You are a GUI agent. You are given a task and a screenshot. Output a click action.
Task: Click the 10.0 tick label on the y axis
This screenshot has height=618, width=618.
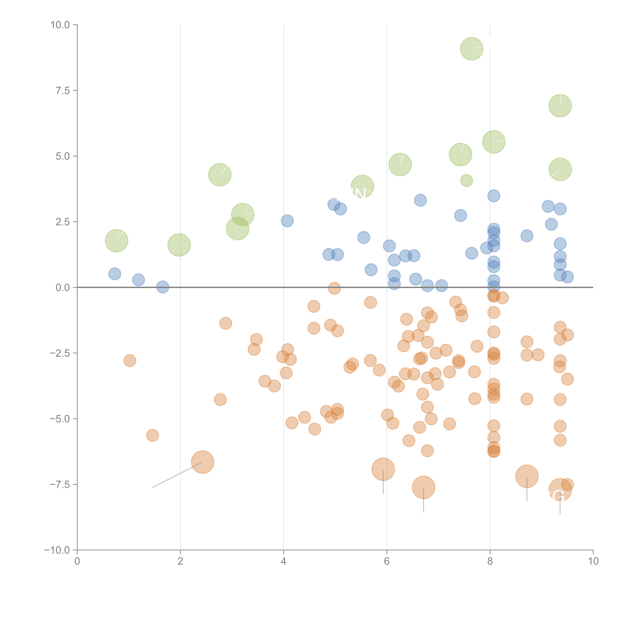click(60, 25)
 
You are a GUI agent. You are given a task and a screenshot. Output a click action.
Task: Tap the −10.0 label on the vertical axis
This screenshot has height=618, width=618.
click(57, 550)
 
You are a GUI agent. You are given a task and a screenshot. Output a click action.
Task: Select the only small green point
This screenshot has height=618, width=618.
click(466, 180)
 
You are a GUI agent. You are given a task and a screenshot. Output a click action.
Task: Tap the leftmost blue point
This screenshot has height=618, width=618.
click(115, 274)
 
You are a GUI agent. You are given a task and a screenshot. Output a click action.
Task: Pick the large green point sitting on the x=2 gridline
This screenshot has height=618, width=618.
click(179, 245)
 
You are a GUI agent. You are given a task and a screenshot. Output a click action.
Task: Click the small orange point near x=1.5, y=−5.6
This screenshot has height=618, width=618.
click(153, 435)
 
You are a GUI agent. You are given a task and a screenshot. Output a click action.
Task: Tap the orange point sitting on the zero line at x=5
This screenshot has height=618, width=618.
click(334, 288)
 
